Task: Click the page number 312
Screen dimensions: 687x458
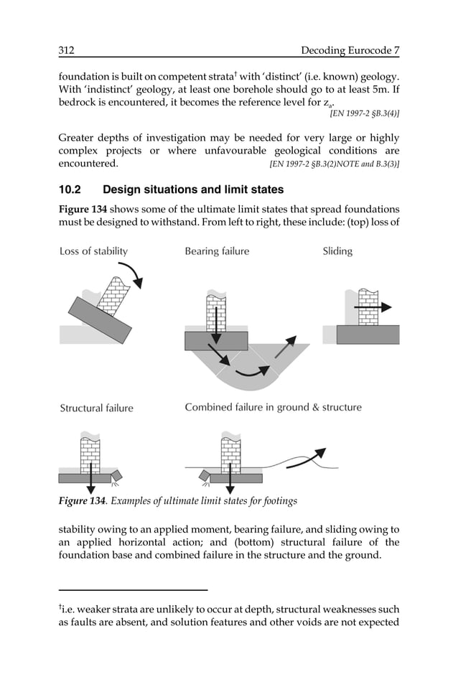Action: click(x=67, y=50)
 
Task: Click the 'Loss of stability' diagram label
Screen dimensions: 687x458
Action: click(x=93, y=251)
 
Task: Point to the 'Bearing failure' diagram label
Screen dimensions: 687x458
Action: click(x=217, y=251)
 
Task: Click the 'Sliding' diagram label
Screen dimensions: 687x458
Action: click(x=337, y=251)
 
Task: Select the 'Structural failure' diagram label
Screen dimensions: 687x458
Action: click(x=96, y=408)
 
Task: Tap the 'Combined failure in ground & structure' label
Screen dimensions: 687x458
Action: click(x=273, y=407)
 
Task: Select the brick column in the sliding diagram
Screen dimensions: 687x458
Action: click(x=368, y=307)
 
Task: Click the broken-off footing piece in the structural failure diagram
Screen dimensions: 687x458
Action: click(x=117, y=475)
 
